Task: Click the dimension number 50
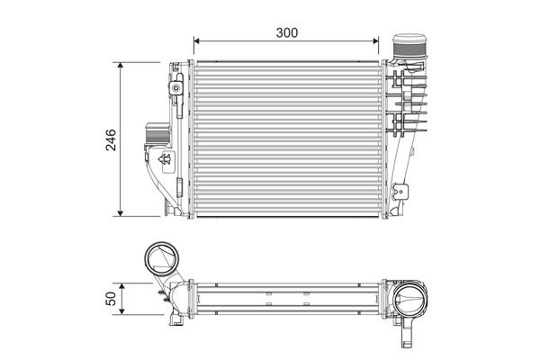111,299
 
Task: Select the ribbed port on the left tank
153,136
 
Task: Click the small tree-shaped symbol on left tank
165,159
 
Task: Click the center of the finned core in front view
287,139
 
